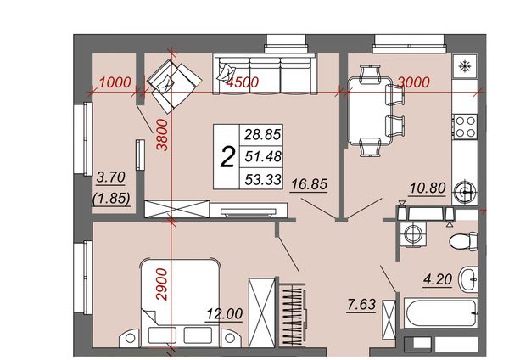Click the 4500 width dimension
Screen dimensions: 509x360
pyautogui.click(x=243, y=82)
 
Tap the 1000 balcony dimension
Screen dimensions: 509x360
pyautogui.click(x=115, y=82)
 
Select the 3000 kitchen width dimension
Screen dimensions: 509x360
pyautogui.click(x=414, y=82)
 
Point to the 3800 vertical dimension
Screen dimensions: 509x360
pyautogui.click(x=162, y=135)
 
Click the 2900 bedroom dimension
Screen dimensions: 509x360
pyautogui.click(x=162, y=284)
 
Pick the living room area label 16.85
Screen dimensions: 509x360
pyautogui.click(x=309, y=184)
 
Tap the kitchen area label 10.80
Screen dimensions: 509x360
pyautogui.click(x=428, y=188)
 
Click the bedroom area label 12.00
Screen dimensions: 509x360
pyautogui.click(x=225, y=314)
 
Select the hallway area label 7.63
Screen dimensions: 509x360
pyautogui.click(x=361, y=305)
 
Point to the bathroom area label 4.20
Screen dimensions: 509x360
pyautogui.click(x=438, y=279)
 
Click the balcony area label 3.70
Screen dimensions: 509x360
pyautogui.click(x=111, y=177)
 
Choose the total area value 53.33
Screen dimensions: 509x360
pyautogui.click(x=263, y=179)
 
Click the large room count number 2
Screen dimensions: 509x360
pyautogui.click(x=227, y=157)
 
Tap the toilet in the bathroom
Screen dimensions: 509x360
pyautogui.click(x=463, y=241)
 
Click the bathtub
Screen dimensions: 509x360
pyautogui.click(x=441, y=313)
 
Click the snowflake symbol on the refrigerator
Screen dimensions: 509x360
pyautogui.click(x=465, y=66)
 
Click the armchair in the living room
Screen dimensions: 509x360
pyautogui.click(x=174, y=85)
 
